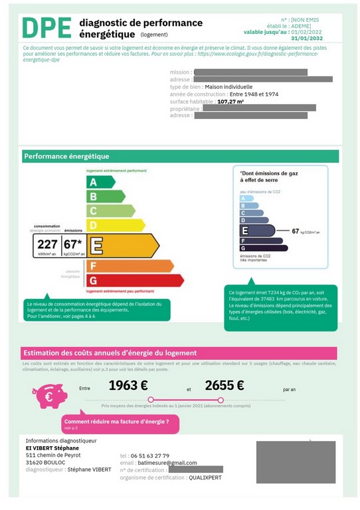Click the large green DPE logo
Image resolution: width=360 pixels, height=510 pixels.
(x=46, y=29)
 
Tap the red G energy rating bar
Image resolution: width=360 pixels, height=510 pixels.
(x=133, y=280)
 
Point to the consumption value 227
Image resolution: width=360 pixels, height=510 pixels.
(x=47, y=244)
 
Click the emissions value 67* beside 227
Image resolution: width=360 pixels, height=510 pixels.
(x=73, y=244)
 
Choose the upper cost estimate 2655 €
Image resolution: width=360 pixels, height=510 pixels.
(x=225, y=385)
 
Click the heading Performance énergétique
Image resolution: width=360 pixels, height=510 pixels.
(x=66, y=157)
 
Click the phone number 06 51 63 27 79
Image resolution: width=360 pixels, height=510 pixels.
(x=155, y=456)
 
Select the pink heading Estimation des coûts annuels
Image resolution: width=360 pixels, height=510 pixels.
(x=110, y=353)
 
